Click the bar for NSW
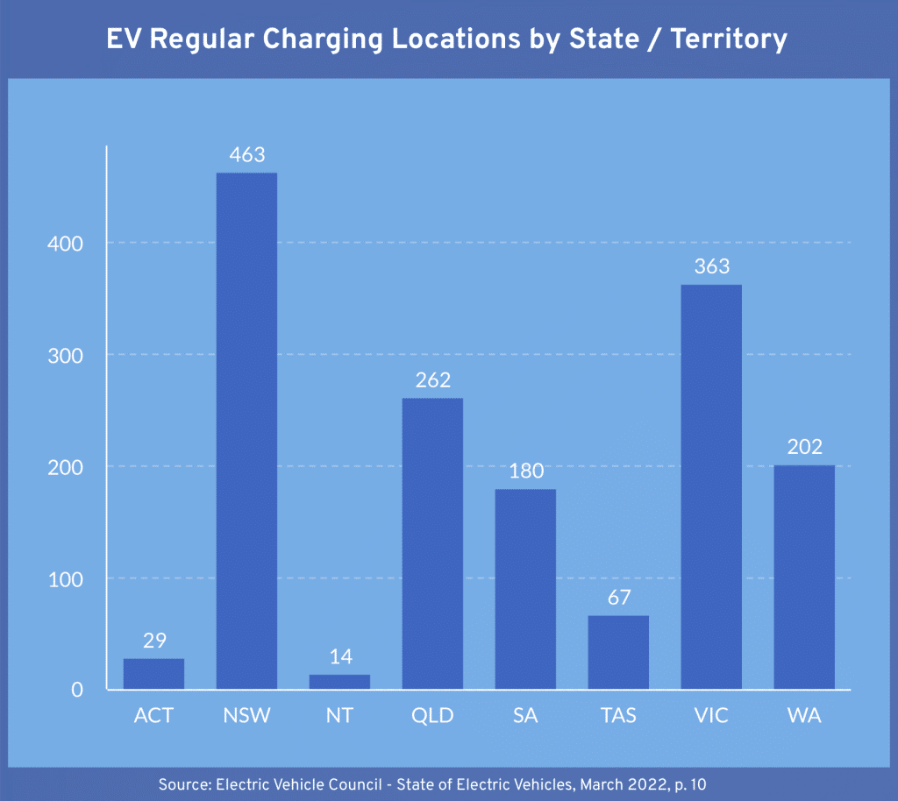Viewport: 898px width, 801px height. point(246,430)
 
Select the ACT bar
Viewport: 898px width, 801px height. point(153,674)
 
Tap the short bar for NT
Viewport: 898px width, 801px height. point(339,682)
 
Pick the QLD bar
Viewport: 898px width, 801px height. point(432,543)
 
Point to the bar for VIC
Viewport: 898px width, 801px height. point(711,486)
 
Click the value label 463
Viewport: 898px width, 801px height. point(246,155)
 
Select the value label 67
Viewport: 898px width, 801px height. point(618,599)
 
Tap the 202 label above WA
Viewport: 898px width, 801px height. point(804,447)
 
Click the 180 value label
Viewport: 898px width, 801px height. point(525,471)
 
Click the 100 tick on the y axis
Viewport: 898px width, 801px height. point(65,578)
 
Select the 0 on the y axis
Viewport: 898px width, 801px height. point(77,690)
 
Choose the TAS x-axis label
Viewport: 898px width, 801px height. point(618,716)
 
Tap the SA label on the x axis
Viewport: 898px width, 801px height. point(525,716)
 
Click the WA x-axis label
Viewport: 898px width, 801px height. point(804,716)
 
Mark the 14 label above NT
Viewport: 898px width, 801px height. point(339,657)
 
